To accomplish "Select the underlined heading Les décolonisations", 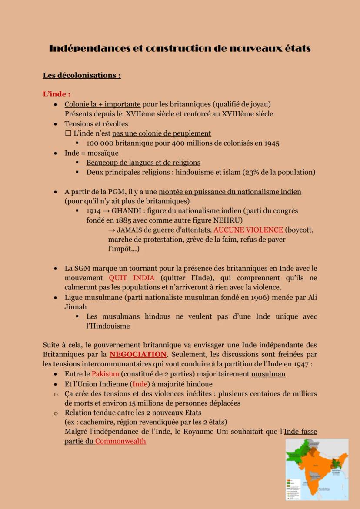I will point(81,75).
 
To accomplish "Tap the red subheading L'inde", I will point(57,94).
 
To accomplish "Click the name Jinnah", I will point(76,307).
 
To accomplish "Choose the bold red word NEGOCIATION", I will point(138,354).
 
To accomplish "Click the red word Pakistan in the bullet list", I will point(106,374).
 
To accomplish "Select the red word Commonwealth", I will point(120,441).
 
